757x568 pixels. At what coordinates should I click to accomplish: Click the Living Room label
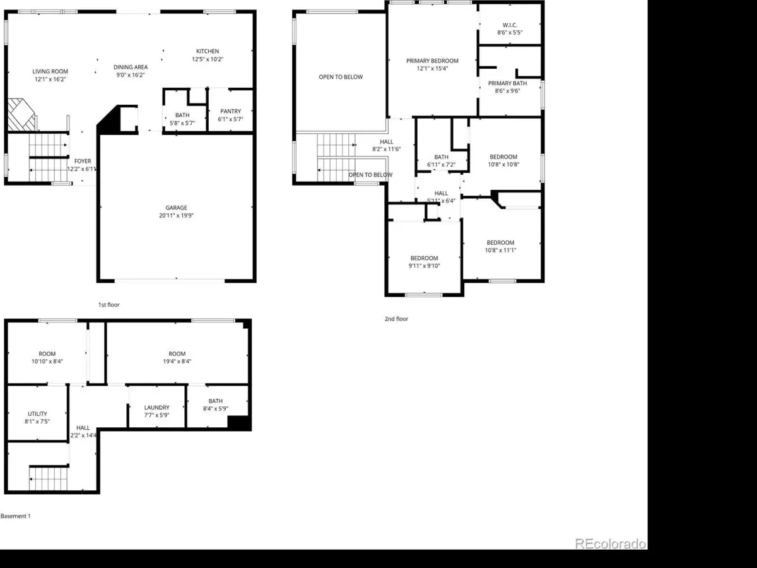pyautogui.click(x=50, y=71)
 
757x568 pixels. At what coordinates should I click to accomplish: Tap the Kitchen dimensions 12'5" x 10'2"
pyautogui.click(x=208, y=59)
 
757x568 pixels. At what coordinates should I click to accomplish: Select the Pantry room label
pyautogui.click(x=231, y=111)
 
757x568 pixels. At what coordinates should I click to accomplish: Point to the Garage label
pyautogui.click(x=176, y=208)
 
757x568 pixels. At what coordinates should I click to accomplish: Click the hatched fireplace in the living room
pyautogui.click(x=21, y=115)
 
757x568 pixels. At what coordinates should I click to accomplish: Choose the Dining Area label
pyautogui.click(x=131, y=67)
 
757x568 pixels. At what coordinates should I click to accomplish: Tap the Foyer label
pyautogui.click(x=83, y=161)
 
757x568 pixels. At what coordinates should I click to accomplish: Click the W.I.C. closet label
pyautogui.click(x=510, y=25)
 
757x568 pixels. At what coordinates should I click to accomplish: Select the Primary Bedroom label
pyautogui.click(x=433, y=61)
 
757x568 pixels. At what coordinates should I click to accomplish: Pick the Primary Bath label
pyautogui.click(x=508, y=83)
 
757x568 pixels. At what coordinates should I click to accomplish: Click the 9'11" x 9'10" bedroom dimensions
pyautogui.click(x=424, y=266)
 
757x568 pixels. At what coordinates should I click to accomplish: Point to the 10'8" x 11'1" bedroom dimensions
pyautogui.click(x=501, y=251)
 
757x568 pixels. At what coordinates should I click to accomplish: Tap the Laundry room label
pyautogui.click(x=157, y=407)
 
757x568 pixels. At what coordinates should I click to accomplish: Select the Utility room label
pyautogui.click(x=37, y=413)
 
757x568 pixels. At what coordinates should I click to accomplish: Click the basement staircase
pyautogui.click(x=49, y=478)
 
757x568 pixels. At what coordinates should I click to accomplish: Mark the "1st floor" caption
pyautogui.click(x=109, y=305)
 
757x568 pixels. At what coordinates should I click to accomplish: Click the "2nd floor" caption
pyautogui.click(x=396, y=319)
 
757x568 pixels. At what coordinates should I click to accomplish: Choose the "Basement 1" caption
pyautogui.click(x=16, y=516)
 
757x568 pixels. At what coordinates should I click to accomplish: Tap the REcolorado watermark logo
pyautogui.click(x=611, y=544)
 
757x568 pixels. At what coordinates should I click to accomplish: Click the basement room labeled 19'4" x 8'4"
pyautogui.click(x=177, y=353)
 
